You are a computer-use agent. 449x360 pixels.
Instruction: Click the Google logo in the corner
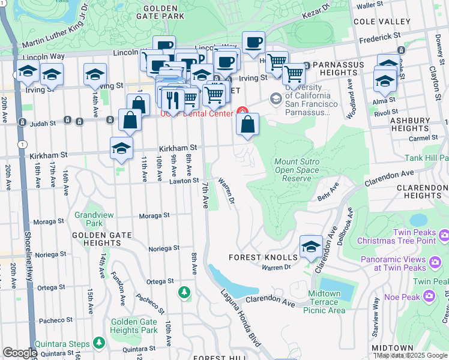(20, 353)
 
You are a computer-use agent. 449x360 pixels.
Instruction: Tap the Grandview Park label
(89, 219)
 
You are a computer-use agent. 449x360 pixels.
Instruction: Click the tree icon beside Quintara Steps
(98, 343)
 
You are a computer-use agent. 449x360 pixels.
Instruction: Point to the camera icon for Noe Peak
(429, 295)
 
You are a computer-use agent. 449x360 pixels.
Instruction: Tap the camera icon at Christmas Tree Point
(444, 234)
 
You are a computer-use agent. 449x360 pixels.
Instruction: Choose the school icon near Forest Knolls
(310, 247)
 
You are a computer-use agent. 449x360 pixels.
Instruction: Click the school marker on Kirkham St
(121, 149)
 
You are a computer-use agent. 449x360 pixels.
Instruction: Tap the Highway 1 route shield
(22, 145)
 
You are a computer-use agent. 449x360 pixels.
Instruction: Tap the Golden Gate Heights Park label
(134, 326)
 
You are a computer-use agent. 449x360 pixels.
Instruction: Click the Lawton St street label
(183, 181)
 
